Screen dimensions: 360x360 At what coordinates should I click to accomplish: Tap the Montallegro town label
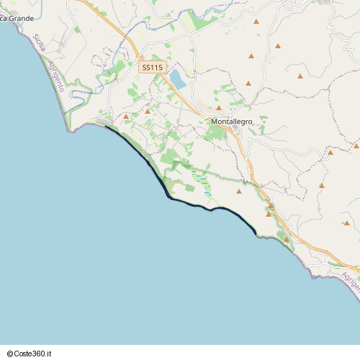click(x=232, y=122)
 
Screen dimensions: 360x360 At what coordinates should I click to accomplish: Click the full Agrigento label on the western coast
click(x=56, y=75)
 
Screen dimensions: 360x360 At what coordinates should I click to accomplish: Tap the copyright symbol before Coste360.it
click(x=9, y=353)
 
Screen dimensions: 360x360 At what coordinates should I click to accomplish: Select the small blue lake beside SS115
click(x=177, y=79)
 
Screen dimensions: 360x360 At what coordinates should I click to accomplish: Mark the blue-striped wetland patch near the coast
click(x=203, y=183)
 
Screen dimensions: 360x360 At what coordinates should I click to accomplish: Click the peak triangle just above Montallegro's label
click(x=219, y=108)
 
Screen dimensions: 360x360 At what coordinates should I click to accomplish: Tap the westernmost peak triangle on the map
click(x=125, y=116)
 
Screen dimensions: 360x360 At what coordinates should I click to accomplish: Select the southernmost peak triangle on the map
click(x=286, y=239)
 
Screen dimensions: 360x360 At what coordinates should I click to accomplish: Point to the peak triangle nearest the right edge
click(x=356, y=145)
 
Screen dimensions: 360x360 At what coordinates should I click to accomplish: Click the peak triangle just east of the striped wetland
click(x=239, y=192)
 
